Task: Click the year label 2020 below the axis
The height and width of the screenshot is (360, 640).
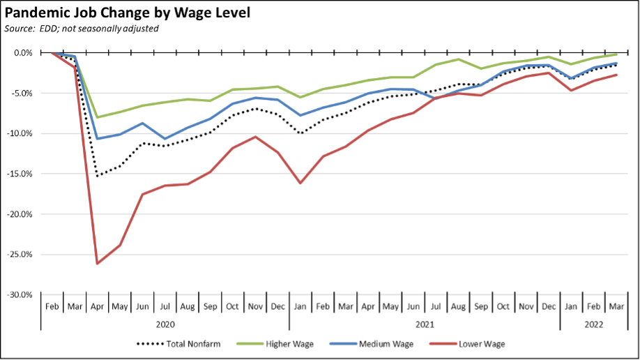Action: tap(165, 324)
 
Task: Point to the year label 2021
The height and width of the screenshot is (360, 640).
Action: tap(424, 324)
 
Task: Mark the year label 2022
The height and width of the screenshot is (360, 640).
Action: tap(593, 324)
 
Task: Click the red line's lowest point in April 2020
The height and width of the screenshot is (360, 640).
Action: tap(98, 264)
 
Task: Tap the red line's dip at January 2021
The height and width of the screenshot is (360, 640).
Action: tap(300, 183)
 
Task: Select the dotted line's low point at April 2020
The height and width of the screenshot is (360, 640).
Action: tap(98, 176)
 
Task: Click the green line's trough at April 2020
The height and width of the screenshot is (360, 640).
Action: tap(98, 117)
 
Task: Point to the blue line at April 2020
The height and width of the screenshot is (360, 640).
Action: tap(98, 139)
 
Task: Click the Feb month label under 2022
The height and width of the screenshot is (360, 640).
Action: tap(593, 306)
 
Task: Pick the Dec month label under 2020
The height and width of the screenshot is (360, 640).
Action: tap(277, 306)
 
